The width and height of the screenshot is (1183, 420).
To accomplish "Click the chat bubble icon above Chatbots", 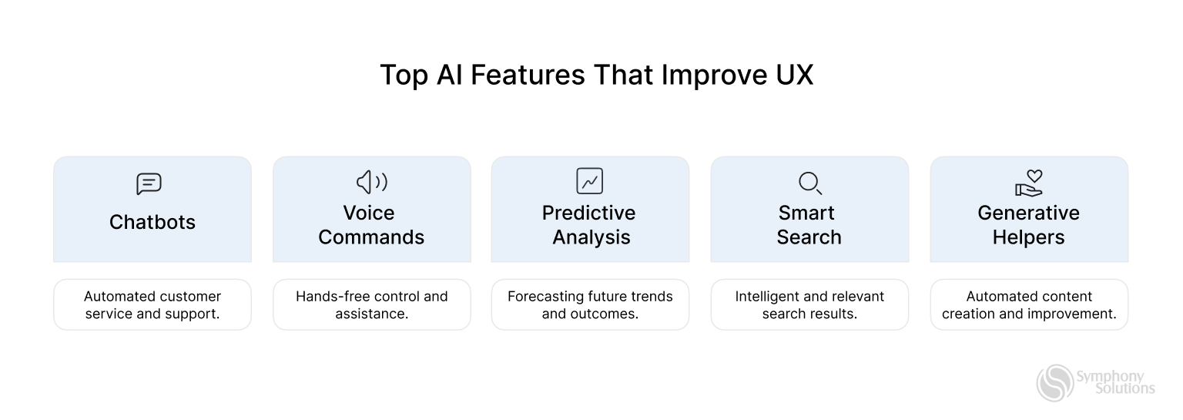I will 149,183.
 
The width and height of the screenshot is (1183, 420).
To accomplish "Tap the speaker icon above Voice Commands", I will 371,182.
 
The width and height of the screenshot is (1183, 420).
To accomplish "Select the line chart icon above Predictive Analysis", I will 589,181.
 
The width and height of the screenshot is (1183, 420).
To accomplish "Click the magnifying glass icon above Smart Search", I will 809,183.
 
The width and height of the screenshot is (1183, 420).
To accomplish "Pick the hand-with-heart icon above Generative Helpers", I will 1028,183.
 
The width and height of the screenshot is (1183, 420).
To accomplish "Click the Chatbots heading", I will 152,222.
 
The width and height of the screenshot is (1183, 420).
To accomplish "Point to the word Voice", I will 368,213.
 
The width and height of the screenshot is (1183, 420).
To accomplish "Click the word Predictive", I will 588,213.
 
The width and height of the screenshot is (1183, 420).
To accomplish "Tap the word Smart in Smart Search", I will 806,213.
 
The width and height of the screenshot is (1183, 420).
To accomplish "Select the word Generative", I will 1028,213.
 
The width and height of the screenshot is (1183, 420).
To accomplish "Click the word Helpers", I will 1028,237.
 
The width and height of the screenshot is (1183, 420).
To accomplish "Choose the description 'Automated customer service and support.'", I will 152,305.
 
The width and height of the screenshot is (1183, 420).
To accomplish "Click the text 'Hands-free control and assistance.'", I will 371,305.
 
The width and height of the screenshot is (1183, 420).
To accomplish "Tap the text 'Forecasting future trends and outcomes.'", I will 590,305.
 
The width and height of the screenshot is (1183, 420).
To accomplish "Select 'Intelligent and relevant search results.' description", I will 809,305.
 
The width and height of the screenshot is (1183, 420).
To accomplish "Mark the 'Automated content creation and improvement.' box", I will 1029,305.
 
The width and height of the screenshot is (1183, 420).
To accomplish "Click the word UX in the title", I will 790,76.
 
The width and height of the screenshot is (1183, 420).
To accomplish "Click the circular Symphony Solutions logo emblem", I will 1054,383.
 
